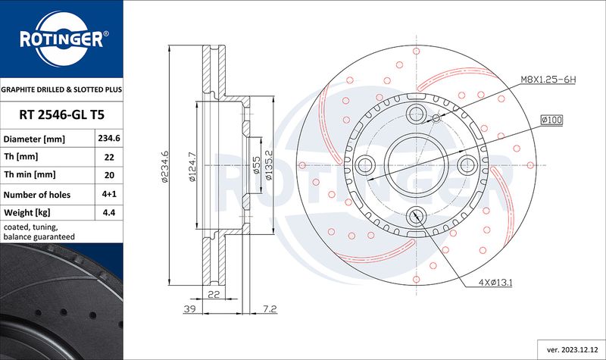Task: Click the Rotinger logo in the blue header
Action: [x=62, y=39]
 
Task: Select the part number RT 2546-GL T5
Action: [x=62, y=115]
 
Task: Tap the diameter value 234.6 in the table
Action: [x=109, y=139]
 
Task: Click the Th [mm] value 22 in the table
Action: [x=109, y=157]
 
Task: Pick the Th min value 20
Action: [x=109, y=175]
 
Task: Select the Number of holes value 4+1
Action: [x=109, y=194]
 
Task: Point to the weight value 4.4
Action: [x=109, y=212]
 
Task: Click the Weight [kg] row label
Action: [x=27, y=213]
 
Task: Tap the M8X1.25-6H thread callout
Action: [x=548, y=80]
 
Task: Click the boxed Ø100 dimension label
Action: [x=551, y=120]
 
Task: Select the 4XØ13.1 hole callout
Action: [x=495, y=283]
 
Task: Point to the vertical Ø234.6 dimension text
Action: [x=165, y=166]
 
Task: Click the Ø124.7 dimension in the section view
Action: [x=192, y=167]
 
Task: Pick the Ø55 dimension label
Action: [x=256, y=165]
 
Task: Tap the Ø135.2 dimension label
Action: [x=269, y=165]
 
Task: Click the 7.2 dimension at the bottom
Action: [x=270, y=309]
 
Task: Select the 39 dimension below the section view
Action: [x=190, y=309]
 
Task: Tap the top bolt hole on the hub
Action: [x=416, y=114]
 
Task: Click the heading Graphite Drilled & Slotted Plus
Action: [x=61, y=89]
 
